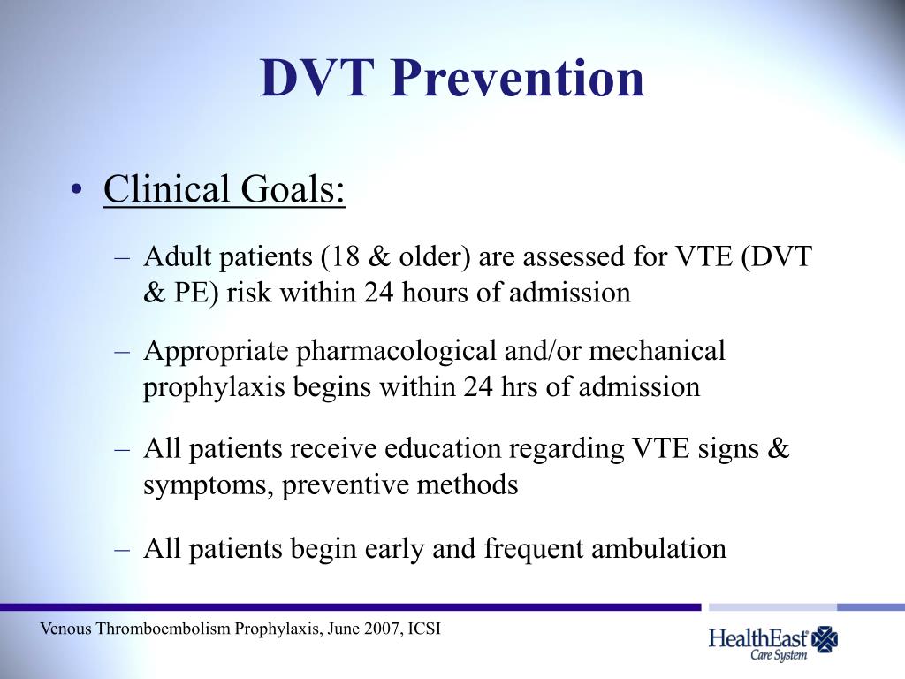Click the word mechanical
point(657,352)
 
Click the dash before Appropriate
point(123,352)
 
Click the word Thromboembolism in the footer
point(163,629)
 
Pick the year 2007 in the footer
point(377,629)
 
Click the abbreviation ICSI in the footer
point(423,629)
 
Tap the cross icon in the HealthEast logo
point(825,638)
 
